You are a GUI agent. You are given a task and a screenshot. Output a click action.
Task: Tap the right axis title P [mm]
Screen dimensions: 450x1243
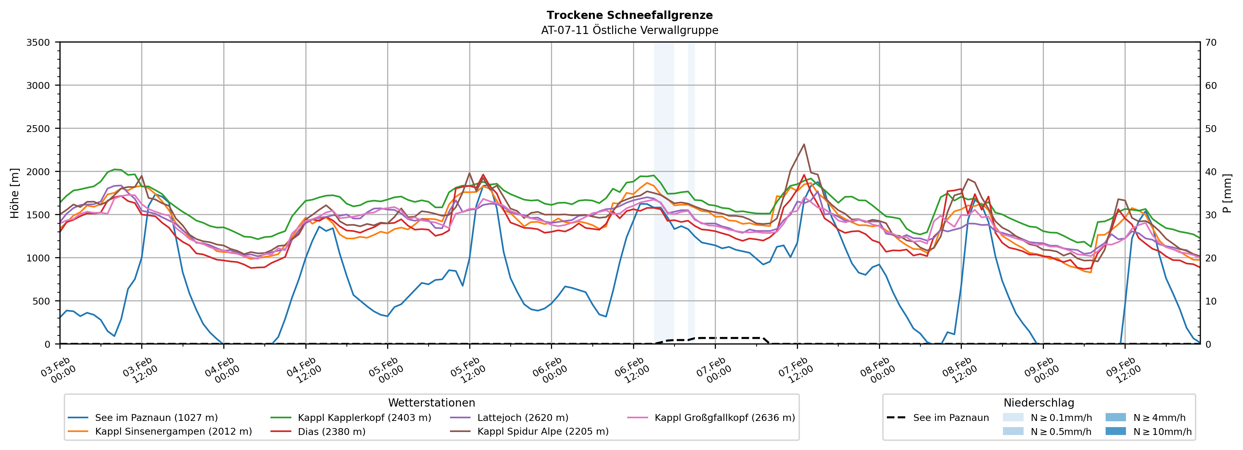pyautogui.click(x=1227, y=193)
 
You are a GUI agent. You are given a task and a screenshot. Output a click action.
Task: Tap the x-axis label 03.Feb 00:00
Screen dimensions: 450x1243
pyautogui.click(x=58, y=370)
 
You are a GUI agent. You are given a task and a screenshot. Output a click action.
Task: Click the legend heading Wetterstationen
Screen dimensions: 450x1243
pyautogui.click(x=431, y=403)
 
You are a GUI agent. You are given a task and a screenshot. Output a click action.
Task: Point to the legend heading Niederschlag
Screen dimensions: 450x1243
pyautogui.click(x=1038, y=403)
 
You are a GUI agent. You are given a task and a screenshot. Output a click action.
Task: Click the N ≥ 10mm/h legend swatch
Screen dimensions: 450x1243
pyautogui.click(x=1115, y=431)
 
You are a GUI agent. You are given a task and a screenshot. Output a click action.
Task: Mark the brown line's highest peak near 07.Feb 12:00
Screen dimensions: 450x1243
pyautogui.click(x=804, y=144)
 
